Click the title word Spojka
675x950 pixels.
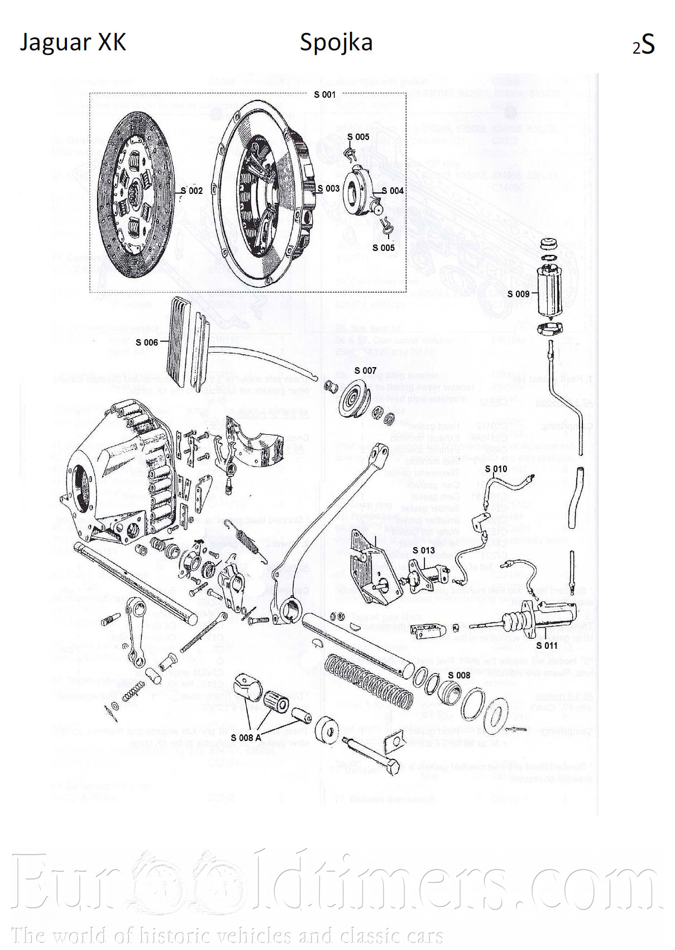coord(336,42)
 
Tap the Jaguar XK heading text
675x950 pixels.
coord(73,42)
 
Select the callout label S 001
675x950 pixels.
coord(324,94)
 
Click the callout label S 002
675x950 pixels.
coord(192,191)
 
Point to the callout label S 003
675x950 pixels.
coord(328,188)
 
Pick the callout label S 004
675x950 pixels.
coord(392,191)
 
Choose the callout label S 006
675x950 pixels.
coord(147,342)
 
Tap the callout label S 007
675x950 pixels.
coord(365,370)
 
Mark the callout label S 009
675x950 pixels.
coord(518,294)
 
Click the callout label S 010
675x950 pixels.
coord(496,469)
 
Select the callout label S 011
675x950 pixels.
coord(547,645)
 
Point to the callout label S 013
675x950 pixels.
coord(424,550)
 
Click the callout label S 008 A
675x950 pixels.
coord(246,738)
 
